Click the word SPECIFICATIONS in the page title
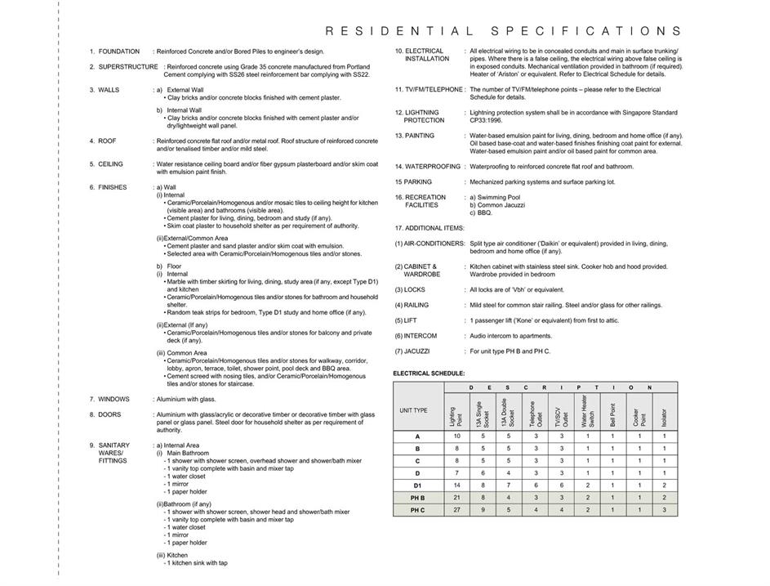[583, 31]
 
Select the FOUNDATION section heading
[118, 51]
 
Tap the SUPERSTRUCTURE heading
[128, 67]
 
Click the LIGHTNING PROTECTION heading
[424, 116]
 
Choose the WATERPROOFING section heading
[427, 167]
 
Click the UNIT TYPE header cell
[413, 410]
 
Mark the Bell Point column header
[612, 414]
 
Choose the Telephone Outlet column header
[535, 414]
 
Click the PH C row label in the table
[417, 510]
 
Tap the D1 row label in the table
[417, 485]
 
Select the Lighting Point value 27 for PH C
[456, 510]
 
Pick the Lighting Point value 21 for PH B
[456, 498]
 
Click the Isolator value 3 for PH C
[664, 510]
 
